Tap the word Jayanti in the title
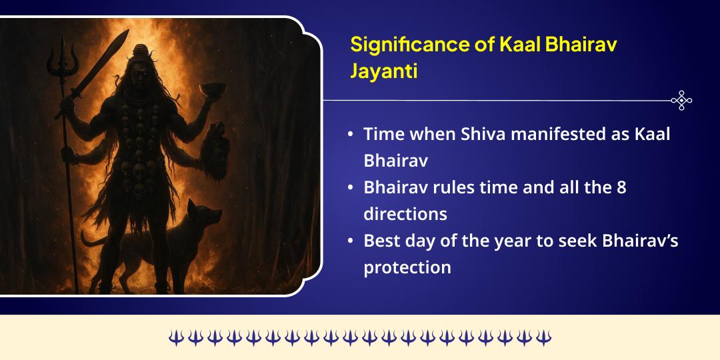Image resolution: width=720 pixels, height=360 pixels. [384, 71]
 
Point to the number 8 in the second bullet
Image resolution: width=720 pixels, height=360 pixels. [621, 187]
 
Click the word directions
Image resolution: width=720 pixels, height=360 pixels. [405, 214]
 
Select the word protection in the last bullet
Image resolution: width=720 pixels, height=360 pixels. [407, 267]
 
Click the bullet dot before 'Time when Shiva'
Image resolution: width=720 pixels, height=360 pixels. [351, 134]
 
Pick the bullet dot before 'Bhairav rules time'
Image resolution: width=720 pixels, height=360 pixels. [351, 188]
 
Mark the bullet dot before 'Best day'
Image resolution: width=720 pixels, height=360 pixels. [351, 241]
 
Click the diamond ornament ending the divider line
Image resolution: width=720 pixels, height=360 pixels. [681, 101]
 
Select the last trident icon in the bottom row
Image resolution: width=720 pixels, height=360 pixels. [543, 338]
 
